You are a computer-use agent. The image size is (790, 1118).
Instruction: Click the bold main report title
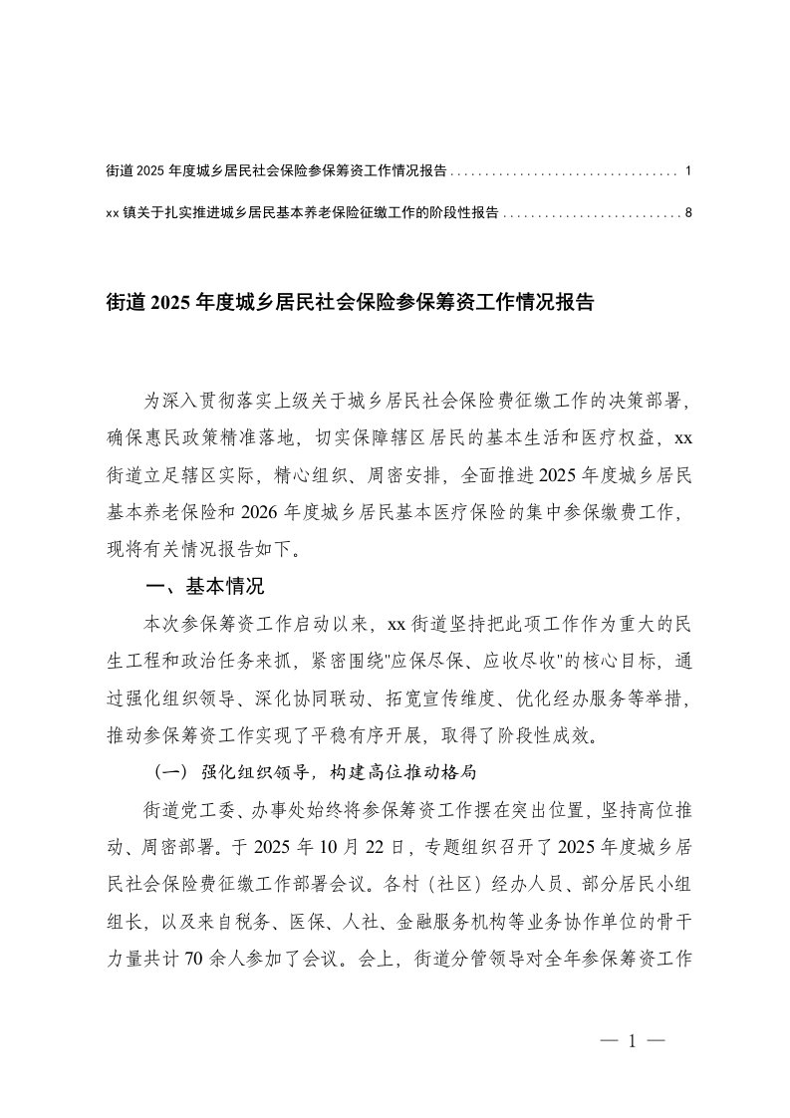tap(349, 303)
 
